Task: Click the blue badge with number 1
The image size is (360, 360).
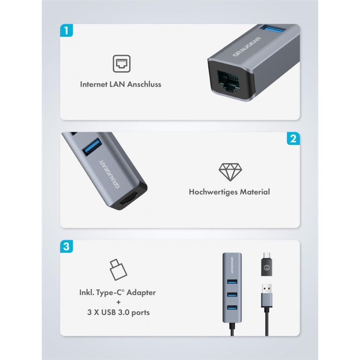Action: (66, 30)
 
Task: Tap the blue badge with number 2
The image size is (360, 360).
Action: (293, 139)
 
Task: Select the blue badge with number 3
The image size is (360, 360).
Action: (66, 246)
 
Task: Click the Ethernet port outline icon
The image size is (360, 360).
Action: (121, 64)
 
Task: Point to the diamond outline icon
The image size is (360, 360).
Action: (230, 172)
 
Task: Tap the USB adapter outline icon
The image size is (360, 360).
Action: (118, 270)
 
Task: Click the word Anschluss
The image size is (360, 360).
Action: (144, 84)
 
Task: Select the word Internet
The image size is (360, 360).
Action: (94, 84)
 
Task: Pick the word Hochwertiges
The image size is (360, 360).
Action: (210, 192)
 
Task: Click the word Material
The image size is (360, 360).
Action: (252, 192)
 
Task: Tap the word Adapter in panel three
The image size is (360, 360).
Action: (141, 293)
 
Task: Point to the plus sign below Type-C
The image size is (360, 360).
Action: (118, 302)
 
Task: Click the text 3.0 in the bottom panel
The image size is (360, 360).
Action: (124, 312)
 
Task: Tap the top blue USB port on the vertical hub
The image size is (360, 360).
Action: (232, 282)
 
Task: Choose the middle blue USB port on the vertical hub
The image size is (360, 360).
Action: (232, 294)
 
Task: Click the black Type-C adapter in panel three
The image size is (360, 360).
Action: (266, 264)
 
